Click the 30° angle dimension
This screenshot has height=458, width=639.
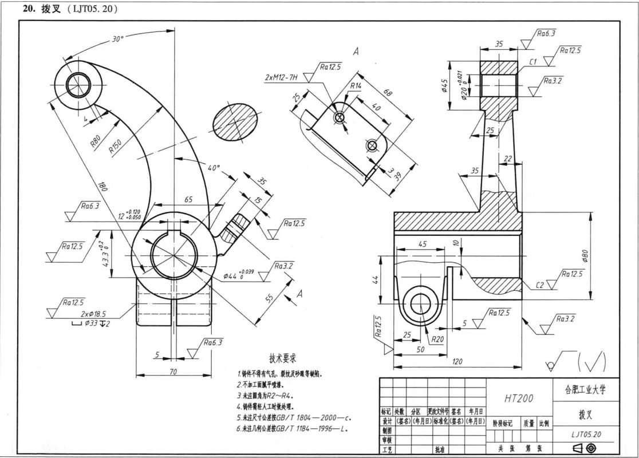pyautogui.click(x=117, y=40)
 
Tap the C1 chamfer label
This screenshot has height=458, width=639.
pyautogui.click(x=532, y=61)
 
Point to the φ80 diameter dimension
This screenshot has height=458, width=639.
pyautogui.click(x=585, y=255)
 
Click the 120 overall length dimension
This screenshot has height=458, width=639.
pyautogui.click(x=457, y=361)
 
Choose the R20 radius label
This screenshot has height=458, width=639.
pyautogui.click(x=438, y=339)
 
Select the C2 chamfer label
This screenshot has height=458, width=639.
pyautogui.click(x=539, y=285)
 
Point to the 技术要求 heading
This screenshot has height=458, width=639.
pyautogui.click(x=278, y=358)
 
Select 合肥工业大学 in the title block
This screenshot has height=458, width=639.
pyautogui.click(x=581, y=390)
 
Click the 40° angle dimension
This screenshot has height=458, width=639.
pyautogui.click(x=213, y=168)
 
